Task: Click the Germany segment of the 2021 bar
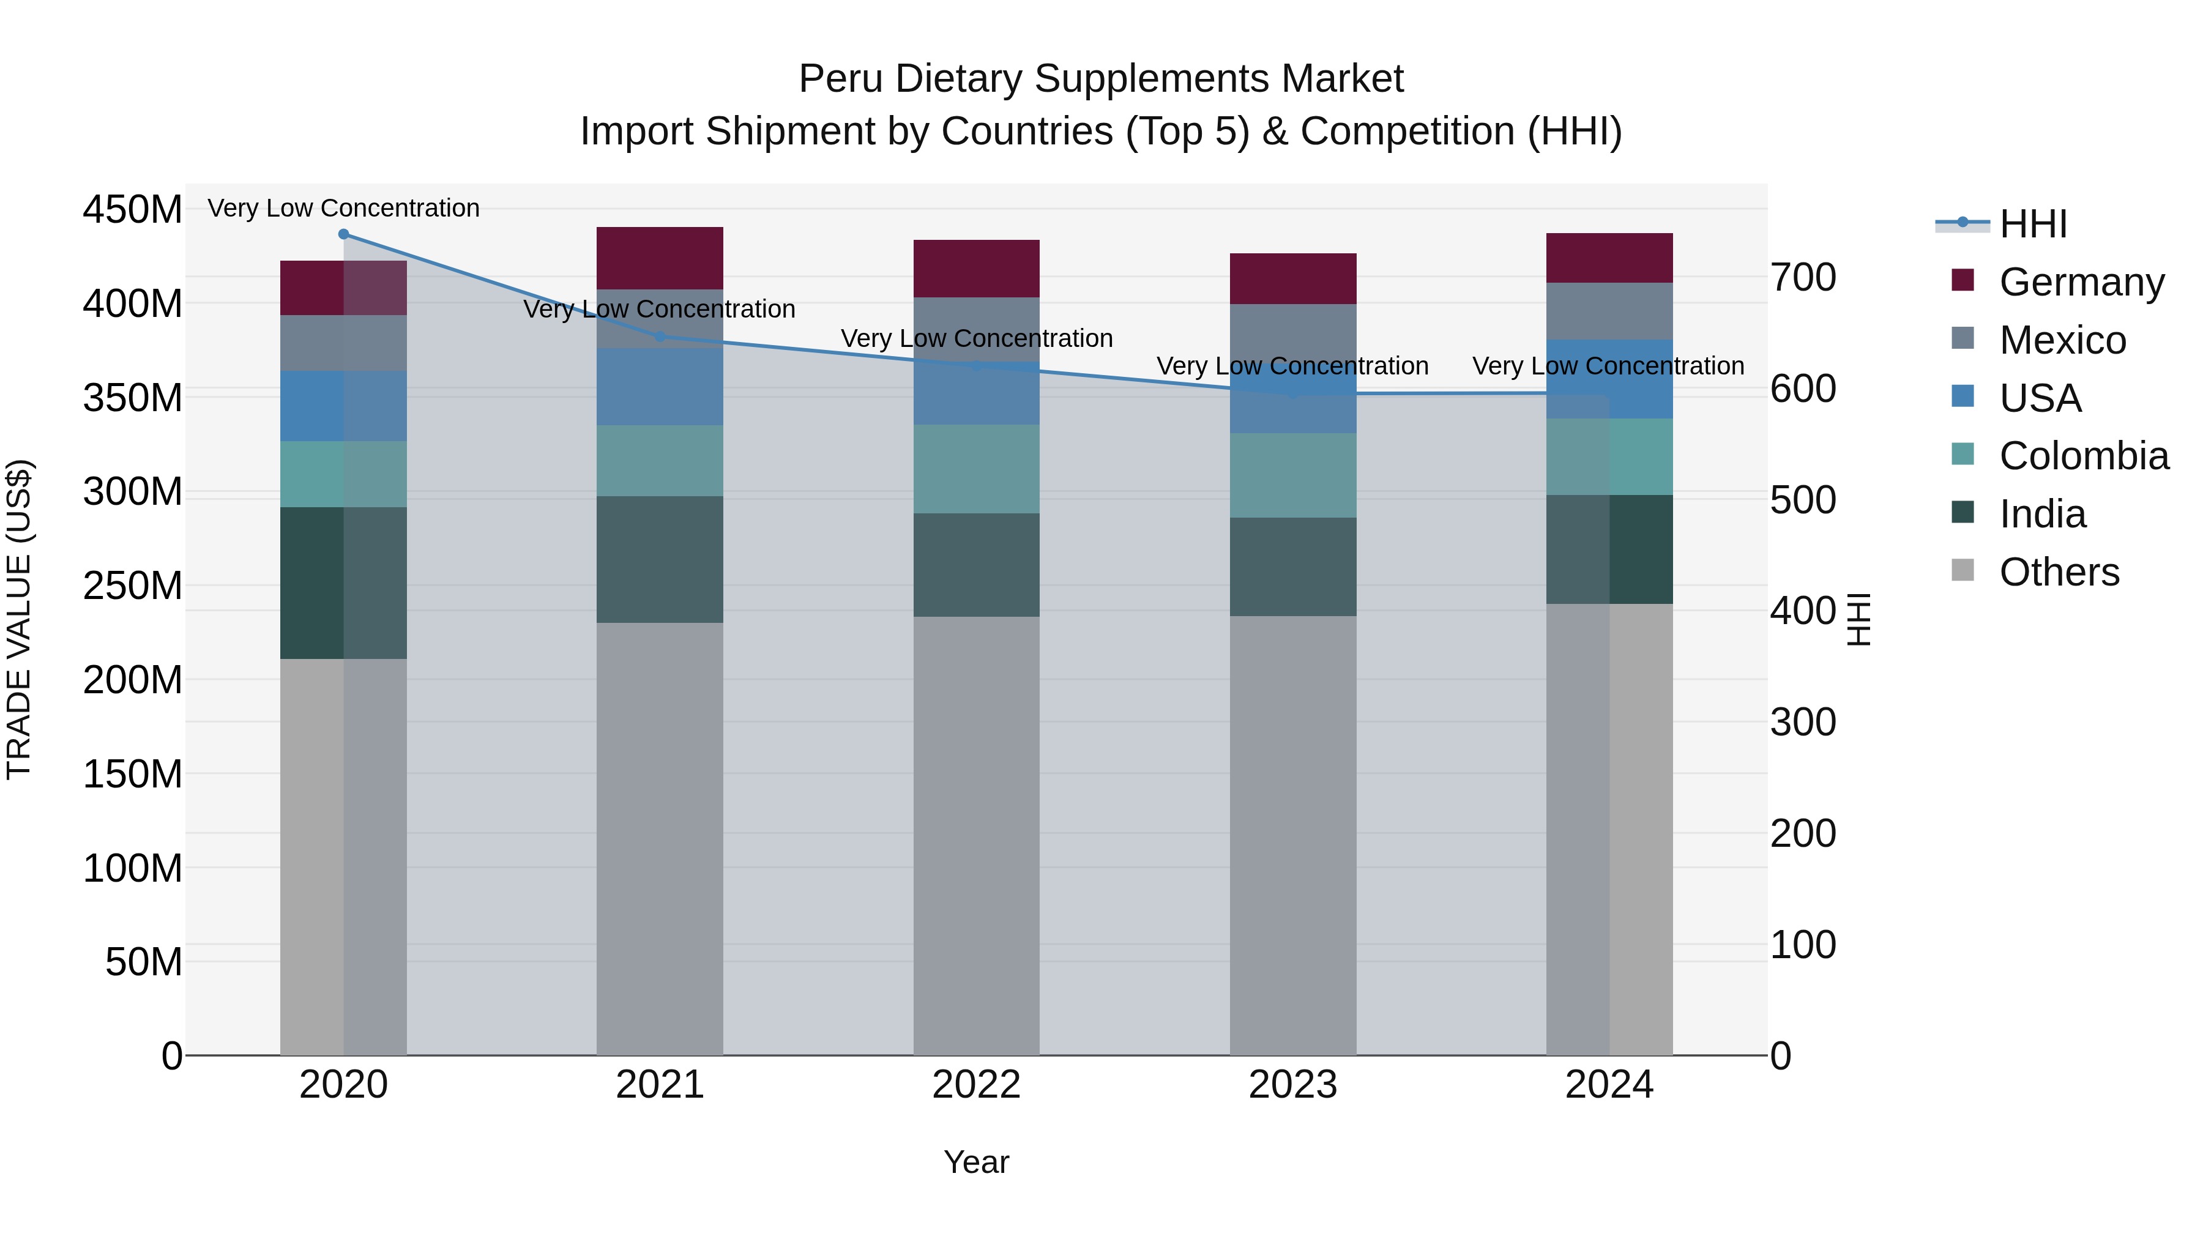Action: pyautogui.click(x=659, y=258)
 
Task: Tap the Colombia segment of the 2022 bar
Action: pyautogui.click(x=976, y=469)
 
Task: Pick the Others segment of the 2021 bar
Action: pyautogui.click(x=659, y=838)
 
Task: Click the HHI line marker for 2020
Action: pyautogui.click(x=344, y=234)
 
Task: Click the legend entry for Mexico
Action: pyautogui.click(x=2061, y=340)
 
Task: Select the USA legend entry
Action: pyautogui.click(x=2039, y=398)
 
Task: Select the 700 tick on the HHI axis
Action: pyautogui.click(x=1803, y=277)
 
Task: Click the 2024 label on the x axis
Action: pyautogui.click(x=1609, y=1084)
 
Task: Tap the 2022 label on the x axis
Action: pyautogui.click(x=976, y=1084)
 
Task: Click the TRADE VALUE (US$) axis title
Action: pyautogui.click(x=19, y=619)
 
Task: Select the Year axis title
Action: pyautogui.click(x=976, y=1162)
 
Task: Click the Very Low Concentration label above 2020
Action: pyautogui.click(x=344, y=208)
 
